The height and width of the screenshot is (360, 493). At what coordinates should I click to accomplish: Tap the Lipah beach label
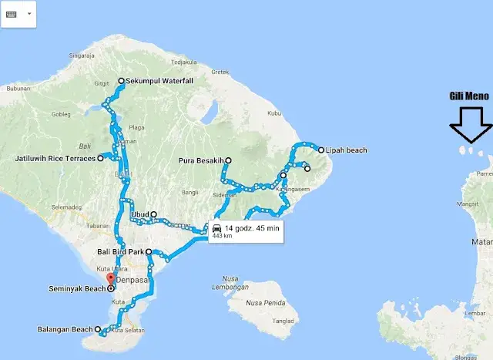click(x=347, y=150)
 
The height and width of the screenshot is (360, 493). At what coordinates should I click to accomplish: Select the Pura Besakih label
click(x=198, y=160)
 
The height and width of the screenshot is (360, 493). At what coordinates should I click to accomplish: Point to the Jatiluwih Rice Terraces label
click(x=55, y=159)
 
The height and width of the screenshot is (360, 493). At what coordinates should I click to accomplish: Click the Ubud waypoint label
click(x=140, y=214)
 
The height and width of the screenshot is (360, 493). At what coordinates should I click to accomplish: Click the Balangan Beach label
click(x=65, y=330)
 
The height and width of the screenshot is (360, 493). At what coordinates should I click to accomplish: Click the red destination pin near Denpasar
click(x=109, y=278)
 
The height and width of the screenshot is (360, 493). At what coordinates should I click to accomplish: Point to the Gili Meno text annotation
click(x=468, y=96)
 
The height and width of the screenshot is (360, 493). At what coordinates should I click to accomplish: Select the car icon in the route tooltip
click(x=217, y=228)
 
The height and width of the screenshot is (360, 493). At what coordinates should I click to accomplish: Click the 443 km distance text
click(x=223, y=237)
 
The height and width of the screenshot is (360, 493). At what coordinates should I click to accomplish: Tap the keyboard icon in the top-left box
click(x=12, y=14)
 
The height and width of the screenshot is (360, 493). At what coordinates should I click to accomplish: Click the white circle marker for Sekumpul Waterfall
click(x=120, y=81)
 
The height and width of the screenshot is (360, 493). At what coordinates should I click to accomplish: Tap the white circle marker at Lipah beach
click(x=321, y=150)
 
